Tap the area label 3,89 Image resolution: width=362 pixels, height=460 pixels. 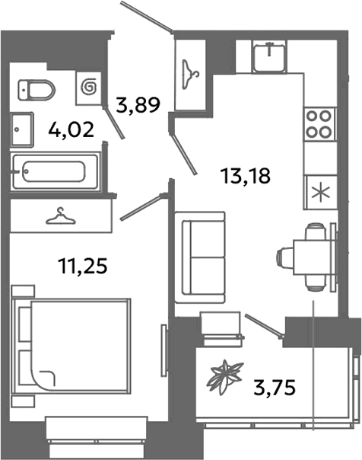[x=137, y=105]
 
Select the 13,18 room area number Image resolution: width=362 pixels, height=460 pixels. [x=245, y=176]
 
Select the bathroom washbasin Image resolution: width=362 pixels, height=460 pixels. [x=23, y=128]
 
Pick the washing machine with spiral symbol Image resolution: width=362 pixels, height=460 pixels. [x=89, y=88]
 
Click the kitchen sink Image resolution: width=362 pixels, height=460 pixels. [x=269, y=55]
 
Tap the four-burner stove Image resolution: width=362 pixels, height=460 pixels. [x=319, y=123]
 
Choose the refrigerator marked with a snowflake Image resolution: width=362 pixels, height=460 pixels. [x=319, y=190]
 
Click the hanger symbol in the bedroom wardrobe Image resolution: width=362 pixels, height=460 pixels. [x=61, y=217]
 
